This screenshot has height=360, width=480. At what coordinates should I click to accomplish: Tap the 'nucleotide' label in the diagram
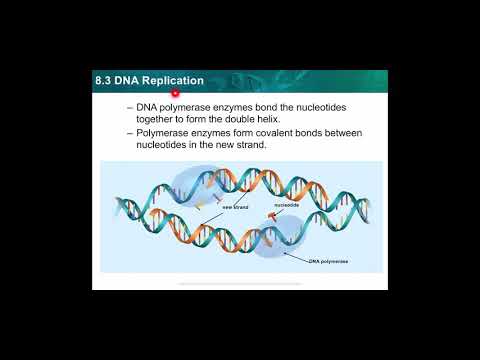[287, 203]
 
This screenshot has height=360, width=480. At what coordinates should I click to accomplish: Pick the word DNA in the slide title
[133, 80]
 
